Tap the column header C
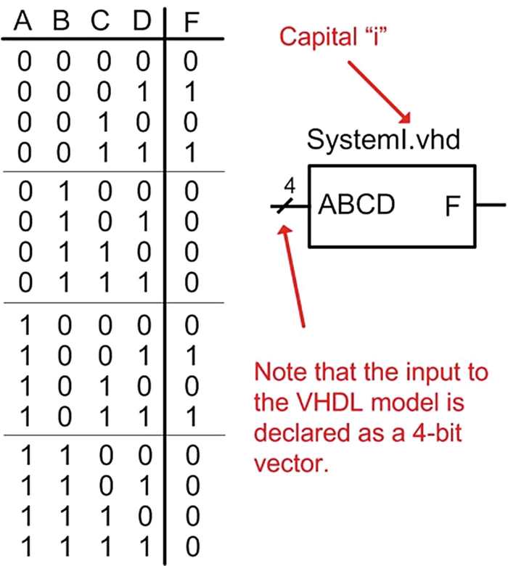click(102, 22)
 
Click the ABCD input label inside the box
click(356, 205)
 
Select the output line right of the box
click(489, 206)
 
